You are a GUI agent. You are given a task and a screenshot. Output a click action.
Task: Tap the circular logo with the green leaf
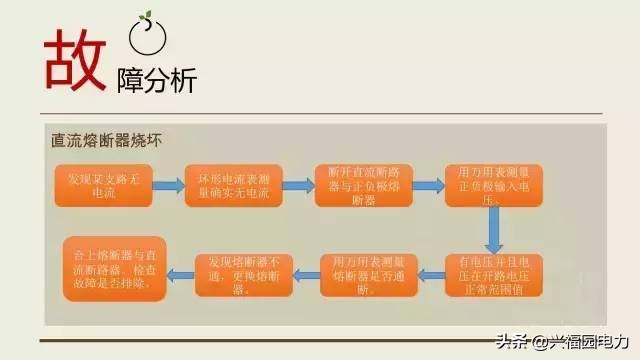pos(146,38)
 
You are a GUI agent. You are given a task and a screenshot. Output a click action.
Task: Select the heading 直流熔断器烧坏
pos(106,141)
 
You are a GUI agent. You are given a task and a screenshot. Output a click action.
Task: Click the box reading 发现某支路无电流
pos(97,185)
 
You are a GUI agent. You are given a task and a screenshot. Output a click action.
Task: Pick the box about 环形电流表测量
pos(226,185)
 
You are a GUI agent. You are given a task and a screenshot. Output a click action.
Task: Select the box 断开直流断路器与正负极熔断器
pos(356,185)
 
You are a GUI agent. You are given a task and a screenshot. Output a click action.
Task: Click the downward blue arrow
pos(493,230)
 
